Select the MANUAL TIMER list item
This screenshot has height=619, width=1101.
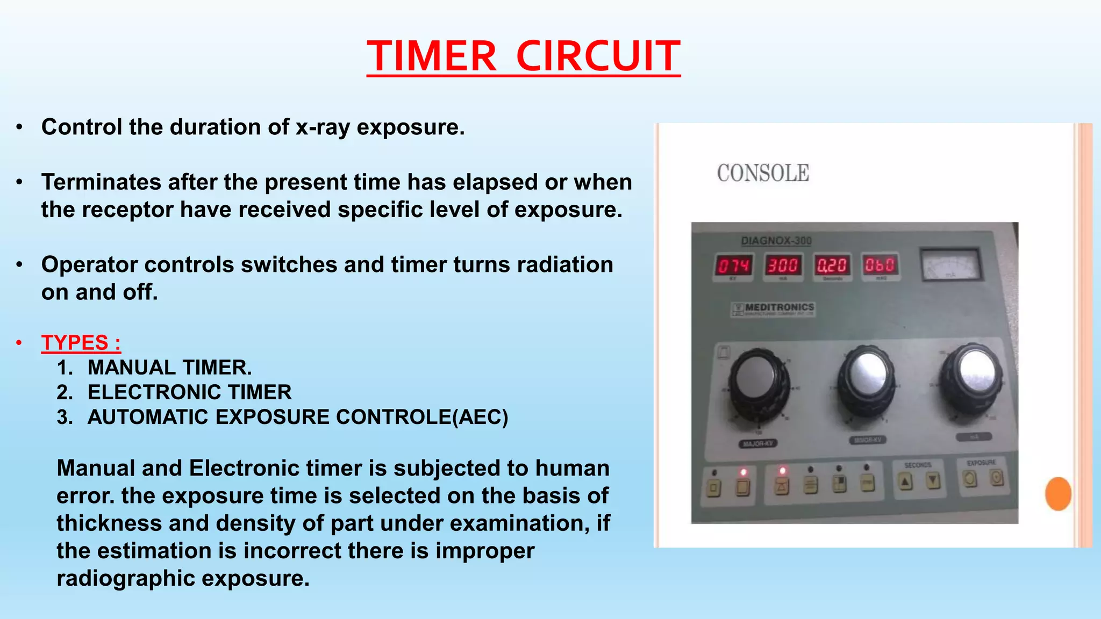169,368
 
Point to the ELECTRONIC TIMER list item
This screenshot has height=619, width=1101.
189,392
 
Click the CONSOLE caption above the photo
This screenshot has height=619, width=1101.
763,173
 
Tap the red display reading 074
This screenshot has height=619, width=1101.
734,265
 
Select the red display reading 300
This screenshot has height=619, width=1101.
783,265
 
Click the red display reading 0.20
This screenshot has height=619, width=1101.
832,265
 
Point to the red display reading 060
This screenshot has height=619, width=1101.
880,265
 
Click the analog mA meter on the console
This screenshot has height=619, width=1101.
951,264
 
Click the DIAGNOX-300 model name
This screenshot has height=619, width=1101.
776,241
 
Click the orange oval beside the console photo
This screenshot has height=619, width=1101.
1058,493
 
